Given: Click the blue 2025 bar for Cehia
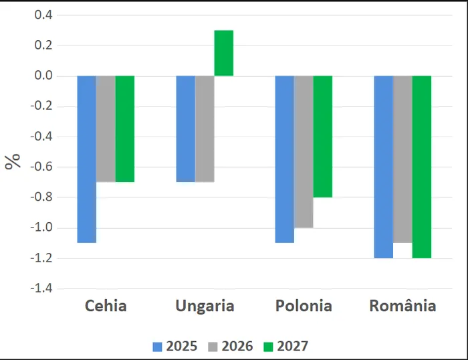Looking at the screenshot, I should click(87, 159).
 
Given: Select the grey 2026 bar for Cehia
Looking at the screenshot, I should click(106, 128).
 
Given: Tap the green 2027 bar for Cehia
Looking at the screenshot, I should click(125, 128).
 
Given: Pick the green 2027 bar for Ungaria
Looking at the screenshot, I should click(224, 53).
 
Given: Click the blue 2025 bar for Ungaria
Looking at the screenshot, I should click(185, 128).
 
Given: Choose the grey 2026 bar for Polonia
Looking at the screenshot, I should click(304, 151).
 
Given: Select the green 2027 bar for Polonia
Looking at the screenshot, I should click(323, 136).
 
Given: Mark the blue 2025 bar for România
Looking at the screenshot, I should click(383, 167).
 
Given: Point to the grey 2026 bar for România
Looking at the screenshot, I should click(402, 159).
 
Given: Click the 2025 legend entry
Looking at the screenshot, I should click(174, 346).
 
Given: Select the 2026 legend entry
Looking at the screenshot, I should click(230, 346).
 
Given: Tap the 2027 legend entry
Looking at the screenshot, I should click(285, 346).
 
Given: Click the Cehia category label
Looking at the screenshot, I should click(106, 306).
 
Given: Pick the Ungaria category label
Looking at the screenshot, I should click(205, 306).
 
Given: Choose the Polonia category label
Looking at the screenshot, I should click(304, 306).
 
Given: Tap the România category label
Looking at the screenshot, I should click(402, 306).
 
